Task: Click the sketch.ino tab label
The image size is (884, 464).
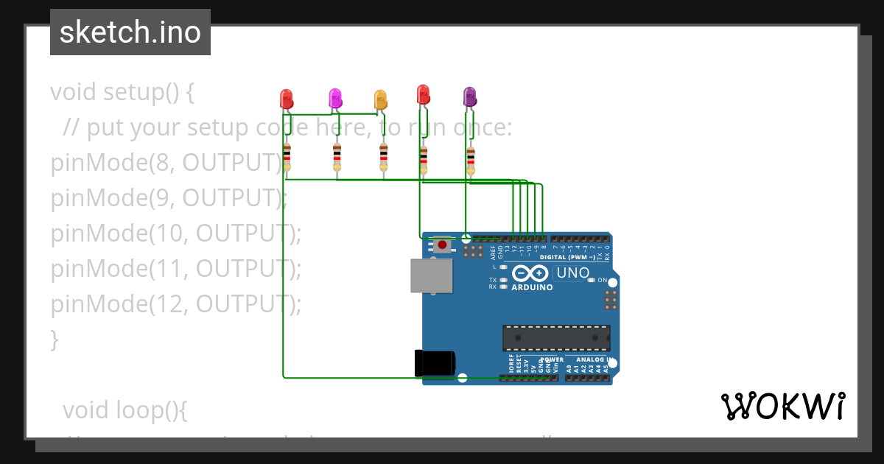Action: tap(130, 32)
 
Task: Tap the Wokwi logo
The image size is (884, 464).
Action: tap(782, 406)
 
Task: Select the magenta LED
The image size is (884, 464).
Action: tap(334, 98)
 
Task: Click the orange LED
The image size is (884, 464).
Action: tap(380, 99)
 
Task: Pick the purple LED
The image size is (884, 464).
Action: tap(469, 96)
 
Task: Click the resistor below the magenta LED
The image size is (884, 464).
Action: tap(337, 156)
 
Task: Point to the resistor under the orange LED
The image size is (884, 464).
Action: tap(383, 156)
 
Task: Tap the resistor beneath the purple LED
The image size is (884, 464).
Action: tap(471, 157)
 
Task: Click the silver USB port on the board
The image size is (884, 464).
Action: tap(432, 275)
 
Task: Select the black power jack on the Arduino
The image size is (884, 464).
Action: tap(435, 363)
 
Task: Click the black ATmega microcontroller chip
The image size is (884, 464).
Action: tap(556, 337)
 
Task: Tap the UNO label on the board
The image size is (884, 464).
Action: tap(573, 273)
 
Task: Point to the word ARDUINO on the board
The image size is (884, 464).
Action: tap(532, 287)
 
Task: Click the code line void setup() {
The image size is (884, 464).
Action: tap(122, 93)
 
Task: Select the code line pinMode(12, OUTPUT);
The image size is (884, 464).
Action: tap(176, 304)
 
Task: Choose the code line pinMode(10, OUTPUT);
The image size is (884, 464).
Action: tap(176, 233)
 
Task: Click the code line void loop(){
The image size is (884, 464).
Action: tap(124, 410)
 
